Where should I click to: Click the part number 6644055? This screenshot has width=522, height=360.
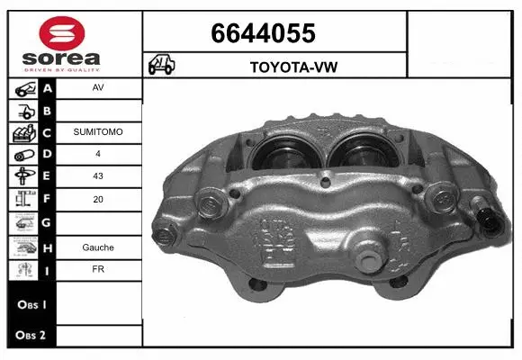[262, 33]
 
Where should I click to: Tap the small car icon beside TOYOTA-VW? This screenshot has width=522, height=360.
[162, 65]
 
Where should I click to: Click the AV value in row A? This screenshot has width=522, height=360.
[98, 89]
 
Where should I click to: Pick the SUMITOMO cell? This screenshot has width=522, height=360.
[98, 132]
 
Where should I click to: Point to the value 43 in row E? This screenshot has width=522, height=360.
[98, 176]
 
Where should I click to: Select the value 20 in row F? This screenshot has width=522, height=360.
[98, 199]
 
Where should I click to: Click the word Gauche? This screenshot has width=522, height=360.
[98, 247]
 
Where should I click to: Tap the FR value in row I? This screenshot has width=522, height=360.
[98, 269]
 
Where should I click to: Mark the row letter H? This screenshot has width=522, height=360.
[47, 247]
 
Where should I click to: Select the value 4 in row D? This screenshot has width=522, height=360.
[98, 155]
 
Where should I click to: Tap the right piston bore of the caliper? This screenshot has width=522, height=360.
[359, 148]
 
